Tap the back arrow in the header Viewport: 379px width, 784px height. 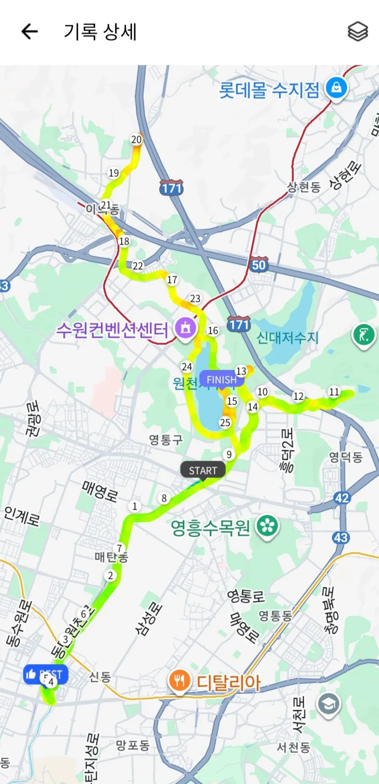(29, 32)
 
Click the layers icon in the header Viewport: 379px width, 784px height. (357, 32)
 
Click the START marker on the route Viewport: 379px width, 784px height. (202, 470)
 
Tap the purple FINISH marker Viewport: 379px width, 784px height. (221, 379)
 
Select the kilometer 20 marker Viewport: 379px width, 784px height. (136, 139)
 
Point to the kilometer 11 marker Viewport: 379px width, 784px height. (334, 392)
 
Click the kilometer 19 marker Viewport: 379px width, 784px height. (114, 173)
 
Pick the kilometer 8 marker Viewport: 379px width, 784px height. (164, 498)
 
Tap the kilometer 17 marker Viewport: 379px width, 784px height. (172, 280)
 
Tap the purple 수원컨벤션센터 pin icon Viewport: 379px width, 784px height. (185, 327)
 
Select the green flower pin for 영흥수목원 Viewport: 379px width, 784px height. (267, 527)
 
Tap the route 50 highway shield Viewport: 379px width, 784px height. (258, 265)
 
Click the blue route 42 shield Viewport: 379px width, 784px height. (342, 498)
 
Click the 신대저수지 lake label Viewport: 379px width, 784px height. (287, 338)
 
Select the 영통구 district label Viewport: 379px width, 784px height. (166, 440)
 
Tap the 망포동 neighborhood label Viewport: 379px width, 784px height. (132, 745)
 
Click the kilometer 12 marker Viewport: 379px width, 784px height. (298, 396)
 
